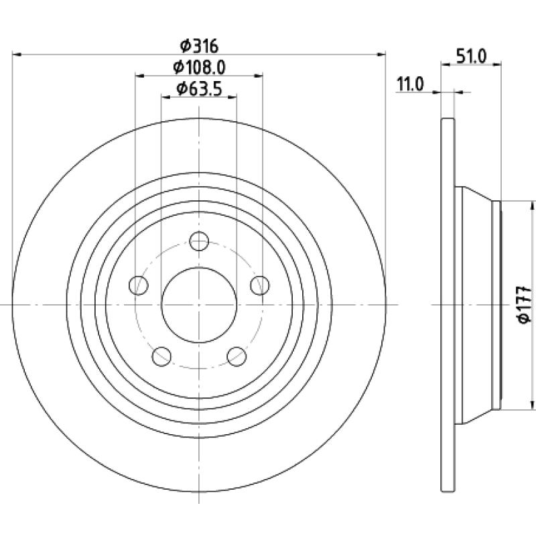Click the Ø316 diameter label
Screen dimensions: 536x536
[x=199, y=46]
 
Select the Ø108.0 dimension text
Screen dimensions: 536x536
[x=199, y=68]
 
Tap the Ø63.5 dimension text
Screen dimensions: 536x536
[x=199, y=89]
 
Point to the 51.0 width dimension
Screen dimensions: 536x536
[x=472, y=56]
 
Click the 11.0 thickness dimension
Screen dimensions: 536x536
[x=410, y=84]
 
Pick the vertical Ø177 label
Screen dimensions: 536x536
[x=525, y=304]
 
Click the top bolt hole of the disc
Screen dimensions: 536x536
[x=199, y=241]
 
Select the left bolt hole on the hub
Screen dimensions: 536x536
[x=139, y=285]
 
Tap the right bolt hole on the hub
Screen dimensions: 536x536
[x=260, y=285]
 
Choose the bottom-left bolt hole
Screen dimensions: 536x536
[x=161, y=356]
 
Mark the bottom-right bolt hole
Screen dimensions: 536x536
[x=237, y=356]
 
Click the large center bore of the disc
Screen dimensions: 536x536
[x=199, y=305]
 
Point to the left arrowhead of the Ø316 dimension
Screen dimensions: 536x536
[x=17, y=54]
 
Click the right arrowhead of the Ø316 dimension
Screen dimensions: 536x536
[x=381, y=54]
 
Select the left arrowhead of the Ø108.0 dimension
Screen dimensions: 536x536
[x=140, y=76]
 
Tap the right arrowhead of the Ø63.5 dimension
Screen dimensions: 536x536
[x=232, y=97]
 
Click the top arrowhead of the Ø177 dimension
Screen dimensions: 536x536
[x=532, y=206]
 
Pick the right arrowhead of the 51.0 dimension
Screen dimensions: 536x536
[x=496, y=64]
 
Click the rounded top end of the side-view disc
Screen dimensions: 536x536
[x=448, y=119]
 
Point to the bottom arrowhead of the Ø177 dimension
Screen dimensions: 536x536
[x=532, y=404]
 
